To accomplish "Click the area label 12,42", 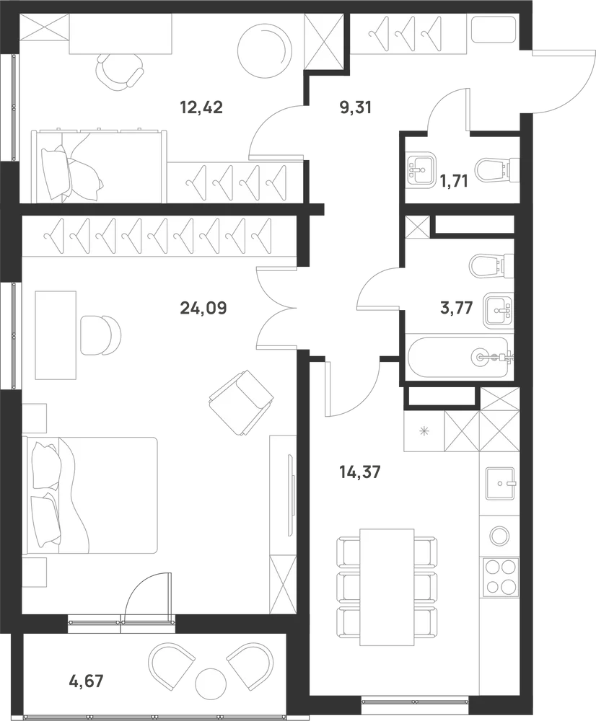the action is [201, 107].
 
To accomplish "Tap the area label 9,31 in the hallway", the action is [355, 107].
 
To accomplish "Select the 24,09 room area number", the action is [203, 308].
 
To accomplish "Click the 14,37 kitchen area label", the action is [359, 472].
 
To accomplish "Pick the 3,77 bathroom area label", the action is [456, 308].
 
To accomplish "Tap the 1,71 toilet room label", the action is [453, 181].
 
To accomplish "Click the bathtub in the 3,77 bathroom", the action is [460, 358].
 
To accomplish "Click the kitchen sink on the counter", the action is [500, 483].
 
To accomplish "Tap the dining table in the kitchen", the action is [387, 580].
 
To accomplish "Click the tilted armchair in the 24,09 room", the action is [241, 402].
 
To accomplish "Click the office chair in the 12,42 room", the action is [118, 72].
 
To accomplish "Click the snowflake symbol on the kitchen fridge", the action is [424, 431].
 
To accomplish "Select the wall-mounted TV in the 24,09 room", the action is [290, 495].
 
